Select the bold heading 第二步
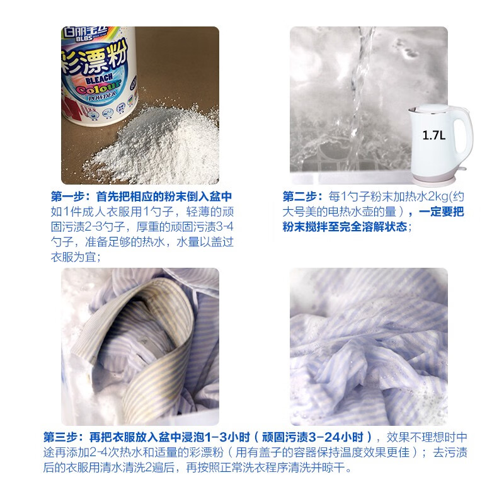[301, 196]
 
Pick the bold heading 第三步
[62, 437]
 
